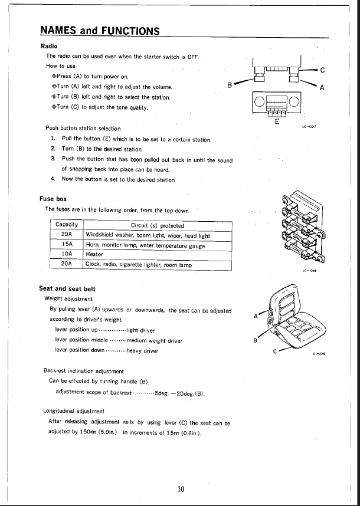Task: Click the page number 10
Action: coord(181,488)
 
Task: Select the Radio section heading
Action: coord(48,46)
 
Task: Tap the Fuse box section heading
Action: coord(53,199)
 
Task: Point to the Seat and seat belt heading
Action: coord(67,288)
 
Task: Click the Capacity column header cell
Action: coord(67,225)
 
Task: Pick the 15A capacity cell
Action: coord(67,244)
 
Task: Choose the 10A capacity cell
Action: coord(67,254)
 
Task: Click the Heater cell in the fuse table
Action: coord(94,254)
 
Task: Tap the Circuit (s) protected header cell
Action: coord(157,225)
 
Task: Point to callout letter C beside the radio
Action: coord(322,70)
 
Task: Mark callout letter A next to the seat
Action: coord(255,317)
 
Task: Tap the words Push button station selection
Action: coord(83,128)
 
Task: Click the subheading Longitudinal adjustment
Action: coord(74,411)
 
